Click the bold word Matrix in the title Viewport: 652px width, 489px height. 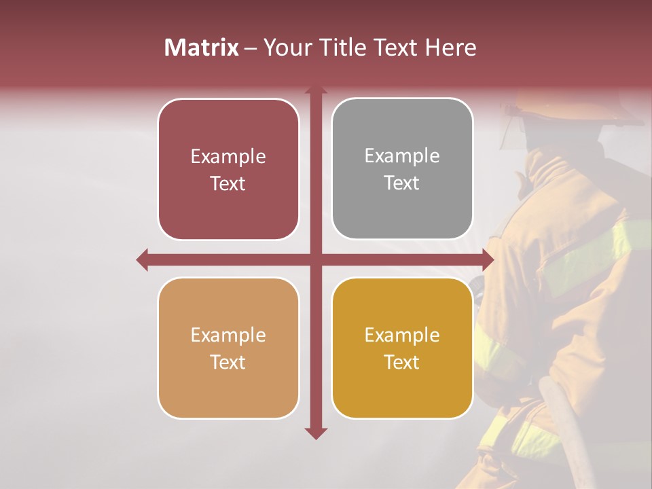[201, 48]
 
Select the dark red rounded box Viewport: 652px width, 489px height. [228, 169]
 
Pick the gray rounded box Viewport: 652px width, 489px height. [402, 169]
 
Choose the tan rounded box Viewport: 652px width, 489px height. [228, 348]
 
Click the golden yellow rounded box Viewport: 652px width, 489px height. [402, 348]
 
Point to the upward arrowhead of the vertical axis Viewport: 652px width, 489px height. [315, 91]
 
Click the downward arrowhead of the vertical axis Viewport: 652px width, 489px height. [315, 433]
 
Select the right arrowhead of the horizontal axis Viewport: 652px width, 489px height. [487, 259]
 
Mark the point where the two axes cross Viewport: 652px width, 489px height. [315, 259]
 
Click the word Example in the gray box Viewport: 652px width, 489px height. [402, 156]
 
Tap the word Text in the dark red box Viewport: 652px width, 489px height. [228, 184]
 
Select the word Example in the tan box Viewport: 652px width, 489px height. [228, 335]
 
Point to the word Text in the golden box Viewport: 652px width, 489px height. [402, 363]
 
